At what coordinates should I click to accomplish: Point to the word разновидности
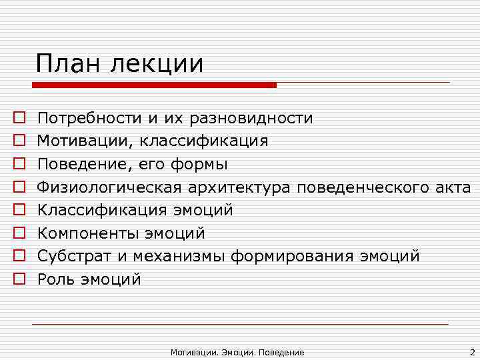(251, 119)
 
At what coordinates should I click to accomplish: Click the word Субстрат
(69, 257)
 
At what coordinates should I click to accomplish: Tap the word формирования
(291, 257)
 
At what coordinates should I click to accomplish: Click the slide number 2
(471, 351)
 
